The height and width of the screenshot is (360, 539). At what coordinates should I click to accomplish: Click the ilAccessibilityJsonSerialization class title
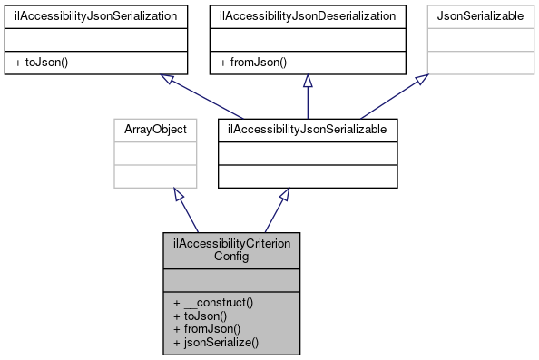pyautogui.click(x=98, y=15)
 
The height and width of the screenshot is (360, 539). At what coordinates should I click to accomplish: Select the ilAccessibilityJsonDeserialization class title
pyautogui.click(x=309, y=15)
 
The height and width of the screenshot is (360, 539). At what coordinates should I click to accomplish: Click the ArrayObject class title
pyautogui.click(x=155, y=130)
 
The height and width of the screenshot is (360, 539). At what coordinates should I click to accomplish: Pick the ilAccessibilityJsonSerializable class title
pyautogui.click(x=309, y=130)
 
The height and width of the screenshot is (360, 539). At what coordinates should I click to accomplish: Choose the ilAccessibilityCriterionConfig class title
pyautogui.click(x=231, y=249)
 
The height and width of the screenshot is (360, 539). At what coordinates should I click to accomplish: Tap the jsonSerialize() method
pyautogui.click(x=216, y=343)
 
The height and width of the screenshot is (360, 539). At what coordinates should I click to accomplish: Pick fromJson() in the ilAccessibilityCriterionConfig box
pyautogui.click(x=202, y=330)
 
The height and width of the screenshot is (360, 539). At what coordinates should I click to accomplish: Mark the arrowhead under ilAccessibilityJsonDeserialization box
pyautogui.click(x=309, y=81)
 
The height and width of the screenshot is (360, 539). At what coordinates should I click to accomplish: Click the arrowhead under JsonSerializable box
pyautogui.click(x=423, y=80)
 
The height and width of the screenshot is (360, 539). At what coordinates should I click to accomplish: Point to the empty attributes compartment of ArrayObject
pyautogui.click(x=155, y=153)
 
